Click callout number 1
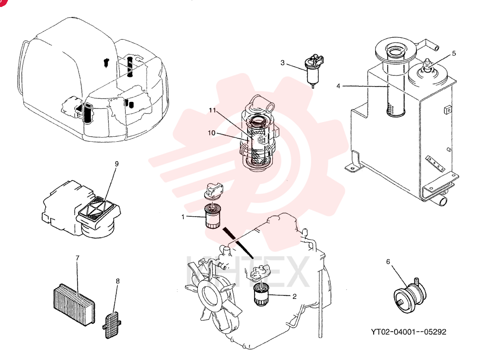(183, 217)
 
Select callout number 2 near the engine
(294, 296)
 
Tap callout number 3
(283, 63)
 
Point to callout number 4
(338, 86)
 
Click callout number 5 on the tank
(454, 53)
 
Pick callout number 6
(388, 262)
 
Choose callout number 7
(78, 258)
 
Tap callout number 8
(118, 281)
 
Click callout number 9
(117, 164)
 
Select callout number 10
(211, 133)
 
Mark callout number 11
(212, 110)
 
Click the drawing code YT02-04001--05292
(409, 332)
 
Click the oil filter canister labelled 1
(212, 216)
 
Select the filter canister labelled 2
(261, 295)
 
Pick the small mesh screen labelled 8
(111, 325)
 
